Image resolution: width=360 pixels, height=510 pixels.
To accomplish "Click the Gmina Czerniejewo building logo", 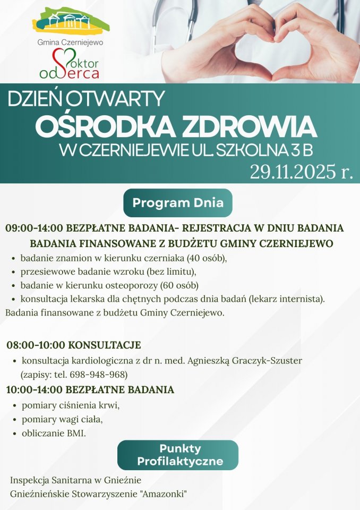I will (72, 21).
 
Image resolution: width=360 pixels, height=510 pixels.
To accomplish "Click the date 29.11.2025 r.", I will (301, 172).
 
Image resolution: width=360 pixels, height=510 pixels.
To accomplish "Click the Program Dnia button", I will (178, 202).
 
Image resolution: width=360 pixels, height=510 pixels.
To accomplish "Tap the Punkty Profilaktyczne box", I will (177, 455).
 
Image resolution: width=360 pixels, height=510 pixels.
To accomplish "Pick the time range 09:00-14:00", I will (35, 228).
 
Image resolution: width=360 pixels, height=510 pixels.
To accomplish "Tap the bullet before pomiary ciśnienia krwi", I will (14, 406).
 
